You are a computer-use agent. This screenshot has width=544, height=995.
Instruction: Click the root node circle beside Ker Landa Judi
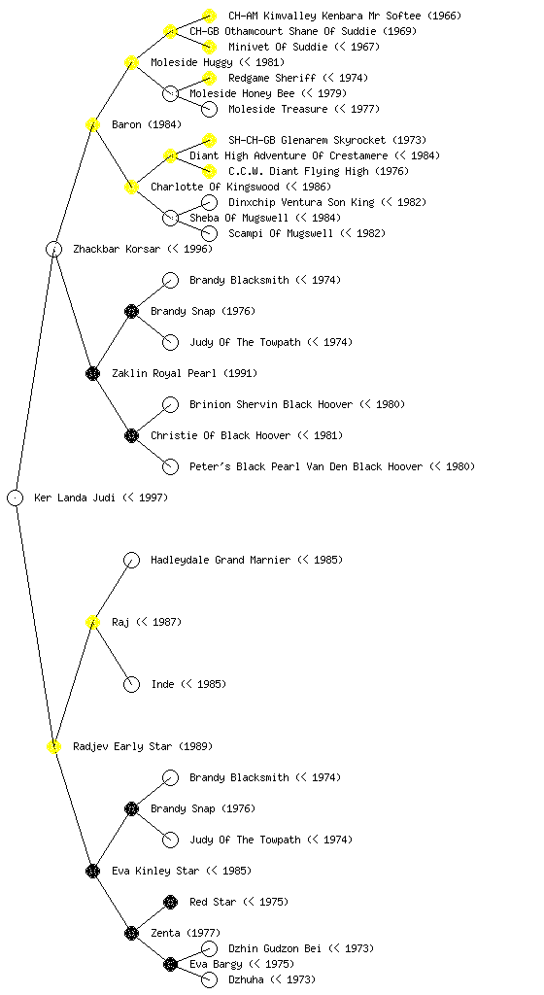point(16,498)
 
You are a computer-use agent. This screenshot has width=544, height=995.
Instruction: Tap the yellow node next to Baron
point(92,124)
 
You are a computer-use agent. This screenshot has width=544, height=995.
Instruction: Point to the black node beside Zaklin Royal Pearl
point(92,373)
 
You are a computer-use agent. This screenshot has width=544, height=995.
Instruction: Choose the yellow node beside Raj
point(92,622)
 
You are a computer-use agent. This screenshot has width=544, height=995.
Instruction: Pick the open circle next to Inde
point(131,684)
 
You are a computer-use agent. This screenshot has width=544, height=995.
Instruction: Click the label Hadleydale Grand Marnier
point(221,560)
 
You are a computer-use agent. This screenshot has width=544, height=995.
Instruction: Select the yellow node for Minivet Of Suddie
point(209,47)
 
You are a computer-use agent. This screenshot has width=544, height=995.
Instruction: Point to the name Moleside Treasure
point(278,109)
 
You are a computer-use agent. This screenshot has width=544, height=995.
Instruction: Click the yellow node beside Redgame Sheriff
point(209,78)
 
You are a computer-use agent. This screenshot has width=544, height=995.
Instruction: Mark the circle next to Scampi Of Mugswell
point(209,233)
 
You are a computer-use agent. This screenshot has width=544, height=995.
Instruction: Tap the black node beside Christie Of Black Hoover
point(131,435)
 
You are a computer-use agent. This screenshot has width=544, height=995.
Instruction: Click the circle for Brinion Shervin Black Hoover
point(171,404)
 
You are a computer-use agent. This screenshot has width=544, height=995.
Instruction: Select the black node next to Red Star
point(171,902)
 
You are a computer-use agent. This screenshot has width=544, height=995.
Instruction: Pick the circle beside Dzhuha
point(209,979)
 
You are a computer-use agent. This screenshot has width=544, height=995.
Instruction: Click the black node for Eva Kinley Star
point(92,871)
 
